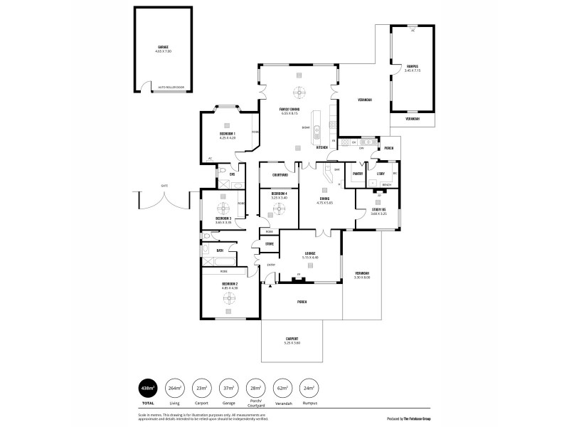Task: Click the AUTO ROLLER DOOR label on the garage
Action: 171,85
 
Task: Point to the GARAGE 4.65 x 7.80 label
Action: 164,49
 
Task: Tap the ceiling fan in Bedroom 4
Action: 280,207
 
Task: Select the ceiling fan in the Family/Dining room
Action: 300,93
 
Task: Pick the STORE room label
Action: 270,244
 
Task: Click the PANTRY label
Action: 358,173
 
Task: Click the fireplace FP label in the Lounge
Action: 299,274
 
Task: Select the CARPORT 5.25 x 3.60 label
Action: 292,340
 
